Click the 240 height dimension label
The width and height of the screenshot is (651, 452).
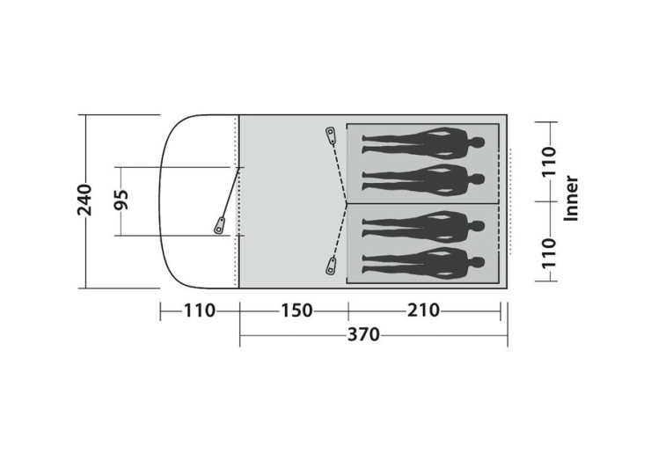pyautogui.click(x=84, y=200)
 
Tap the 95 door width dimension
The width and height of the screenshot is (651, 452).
pyautogui.click(x=121, y=200)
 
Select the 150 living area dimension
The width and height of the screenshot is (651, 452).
pyautogui.click(x=296, y=310)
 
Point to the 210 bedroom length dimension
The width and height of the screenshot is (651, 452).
pyautogui.click(x=423, y=310)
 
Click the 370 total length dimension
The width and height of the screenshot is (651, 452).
pyautogui.click(x=363, y=334)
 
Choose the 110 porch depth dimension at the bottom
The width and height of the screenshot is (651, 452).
pyautogui.click(x=200, y=310)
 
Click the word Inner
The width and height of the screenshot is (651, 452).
pyautogui.click(x=571, y=199)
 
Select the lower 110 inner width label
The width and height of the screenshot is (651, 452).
pyautogui.click(x=548, y=252)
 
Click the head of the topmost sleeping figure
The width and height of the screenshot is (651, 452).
pyautogui.click(x=478, y=142)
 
